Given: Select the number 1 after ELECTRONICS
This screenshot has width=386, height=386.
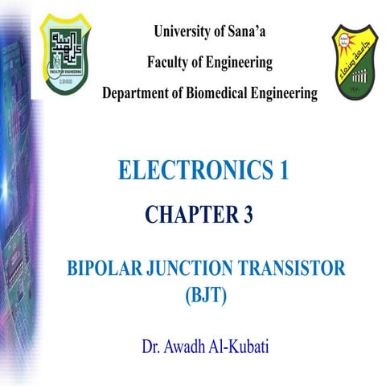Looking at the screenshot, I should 282,170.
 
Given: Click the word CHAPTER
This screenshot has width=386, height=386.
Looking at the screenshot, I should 187,215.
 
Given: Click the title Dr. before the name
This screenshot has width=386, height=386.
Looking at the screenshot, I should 151,350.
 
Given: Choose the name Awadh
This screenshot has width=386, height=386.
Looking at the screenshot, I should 187,350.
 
